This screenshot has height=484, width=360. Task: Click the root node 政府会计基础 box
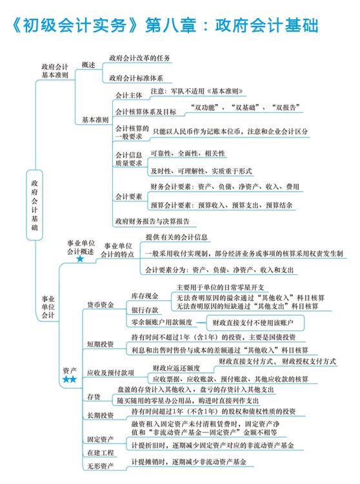coord(34,205)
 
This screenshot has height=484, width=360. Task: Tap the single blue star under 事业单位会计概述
coord(80,259)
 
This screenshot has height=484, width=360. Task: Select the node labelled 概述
coord(88,65)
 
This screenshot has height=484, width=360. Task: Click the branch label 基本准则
coord(95,120)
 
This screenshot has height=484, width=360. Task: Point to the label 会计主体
coord(128,96)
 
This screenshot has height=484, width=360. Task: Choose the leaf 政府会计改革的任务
coord(139,58)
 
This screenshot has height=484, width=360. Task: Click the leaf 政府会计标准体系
coord(136,78)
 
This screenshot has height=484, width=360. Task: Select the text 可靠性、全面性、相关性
coord(188,154)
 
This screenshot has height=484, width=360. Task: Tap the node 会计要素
coord(128,197)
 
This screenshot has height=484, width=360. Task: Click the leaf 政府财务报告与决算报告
coord(152,221)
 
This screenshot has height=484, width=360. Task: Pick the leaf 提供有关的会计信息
coord(177,237)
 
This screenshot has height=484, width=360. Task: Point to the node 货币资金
coord(101,305)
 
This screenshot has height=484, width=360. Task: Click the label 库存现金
coord(145,296)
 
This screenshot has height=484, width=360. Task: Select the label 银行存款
coord(145,310)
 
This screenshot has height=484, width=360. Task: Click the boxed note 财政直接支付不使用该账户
coord(255,323)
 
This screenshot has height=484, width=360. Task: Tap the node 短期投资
coord(101,344)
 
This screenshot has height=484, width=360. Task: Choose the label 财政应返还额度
coord(177,368)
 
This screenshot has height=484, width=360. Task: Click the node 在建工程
coord(101,453)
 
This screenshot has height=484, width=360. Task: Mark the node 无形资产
coord(101,466)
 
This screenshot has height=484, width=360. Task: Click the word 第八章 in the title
coord(170,25)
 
